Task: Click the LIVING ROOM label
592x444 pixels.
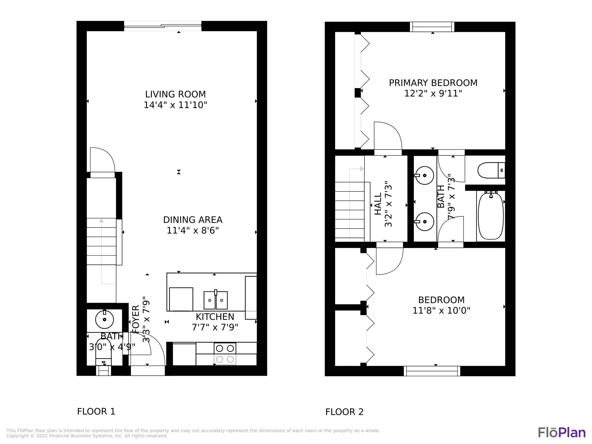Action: point(175,94)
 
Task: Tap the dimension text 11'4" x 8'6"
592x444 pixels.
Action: point(193,230)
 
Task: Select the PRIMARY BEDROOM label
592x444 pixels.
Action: point(433,83)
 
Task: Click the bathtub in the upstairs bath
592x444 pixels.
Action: point(491,216)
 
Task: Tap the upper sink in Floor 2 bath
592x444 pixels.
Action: point(424,176)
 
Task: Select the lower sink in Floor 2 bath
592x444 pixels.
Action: point(424,222)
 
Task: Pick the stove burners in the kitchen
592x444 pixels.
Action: point(225,354)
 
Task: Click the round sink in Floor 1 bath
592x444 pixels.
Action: point(105,319)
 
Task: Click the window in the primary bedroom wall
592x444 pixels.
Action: point(432,27)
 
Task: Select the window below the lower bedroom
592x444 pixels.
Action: point(432,371)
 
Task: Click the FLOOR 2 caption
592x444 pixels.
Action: point(344,412)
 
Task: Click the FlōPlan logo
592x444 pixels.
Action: point(561,433)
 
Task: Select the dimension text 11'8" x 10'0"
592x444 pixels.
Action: point(441,310)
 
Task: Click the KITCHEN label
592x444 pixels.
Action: point(215,317)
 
